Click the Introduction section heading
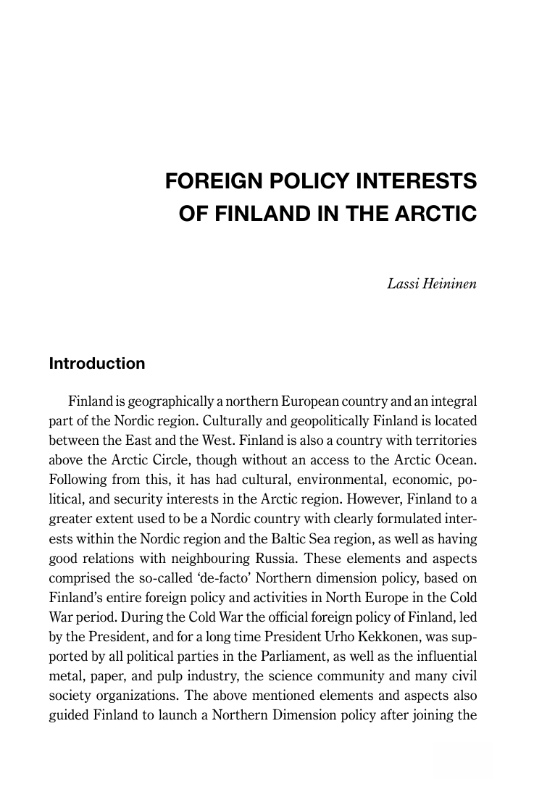pos(97,364)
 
